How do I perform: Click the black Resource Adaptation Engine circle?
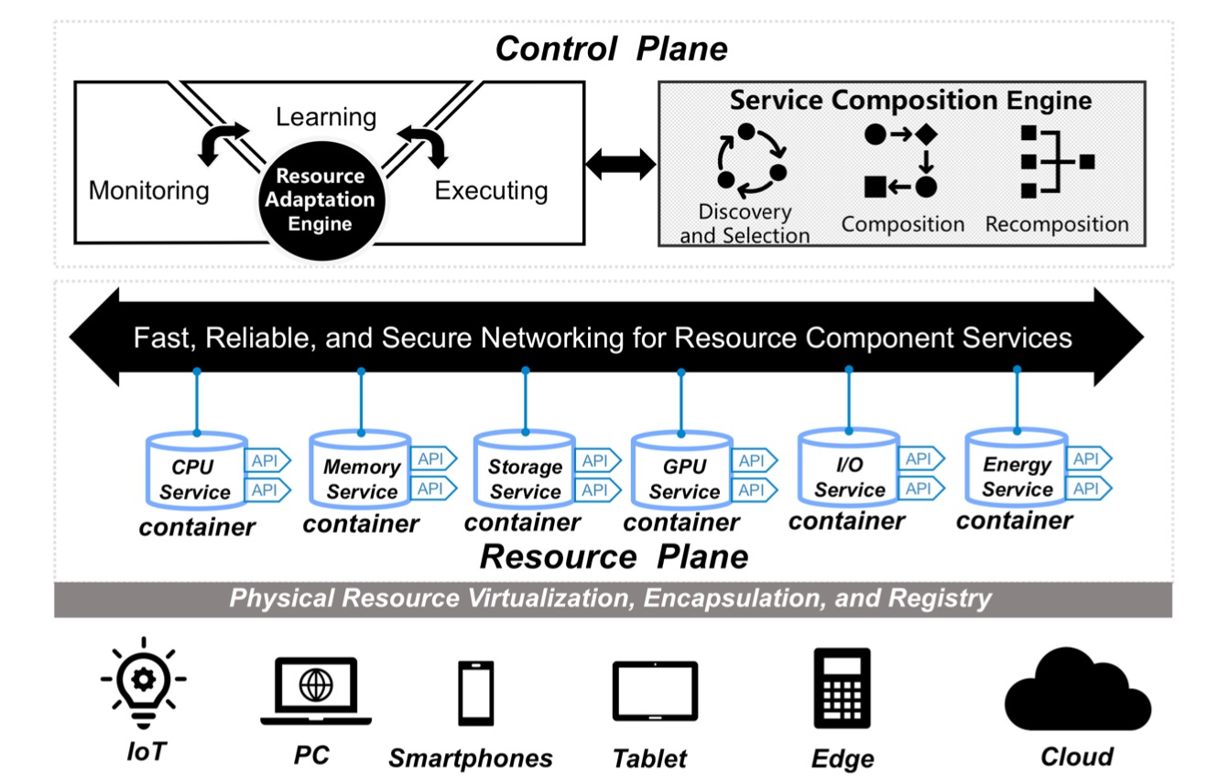pos(320,199)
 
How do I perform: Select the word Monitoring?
pos(148,190)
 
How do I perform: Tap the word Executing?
pos(491,190)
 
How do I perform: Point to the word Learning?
pos(326,118)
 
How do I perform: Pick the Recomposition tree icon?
pos(1056,161)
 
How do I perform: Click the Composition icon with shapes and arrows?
pos(901,161)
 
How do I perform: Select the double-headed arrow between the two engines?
pos(621,165)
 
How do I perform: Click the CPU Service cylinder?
pos(196,472)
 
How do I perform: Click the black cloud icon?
pos(1078,689)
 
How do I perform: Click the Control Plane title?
pos(611,48)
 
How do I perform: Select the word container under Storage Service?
pos(522,523)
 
